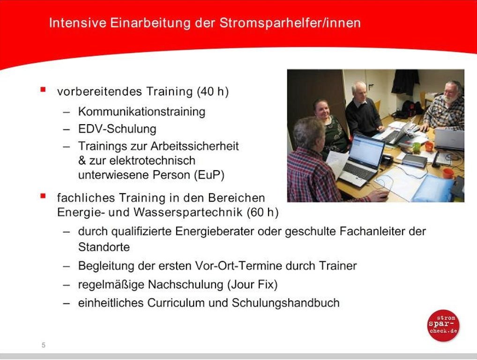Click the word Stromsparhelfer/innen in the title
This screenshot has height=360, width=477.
[x=290, y=23]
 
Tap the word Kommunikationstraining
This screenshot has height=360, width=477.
[x=142, y=112]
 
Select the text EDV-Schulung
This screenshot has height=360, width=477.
[x=117, y=129]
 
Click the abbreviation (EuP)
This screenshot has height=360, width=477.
[x=209, y=175]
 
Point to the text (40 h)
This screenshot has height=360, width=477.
[x=213, y=91]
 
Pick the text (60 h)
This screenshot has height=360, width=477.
[x=262, y=212]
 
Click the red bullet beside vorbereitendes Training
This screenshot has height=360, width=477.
[x=43, y=90]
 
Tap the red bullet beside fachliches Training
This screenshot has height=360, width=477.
[x=43, y=196]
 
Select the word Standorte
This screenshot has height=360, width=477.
[x=104, y=247]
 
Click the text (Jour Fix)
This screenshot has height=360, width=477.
[x=253, y=285]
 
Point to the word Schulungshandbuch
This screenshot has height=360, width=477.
[x=286, y=303]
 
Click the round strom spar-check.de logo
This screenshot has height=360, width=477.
[x=443, y=325]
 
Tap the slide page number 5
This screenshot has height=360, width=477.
[x=44, y=345]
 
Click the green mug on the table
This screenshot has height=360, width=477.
[x=416, y=147]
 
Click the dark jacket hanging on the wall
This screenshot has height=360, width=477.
[x=405, y=82]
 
